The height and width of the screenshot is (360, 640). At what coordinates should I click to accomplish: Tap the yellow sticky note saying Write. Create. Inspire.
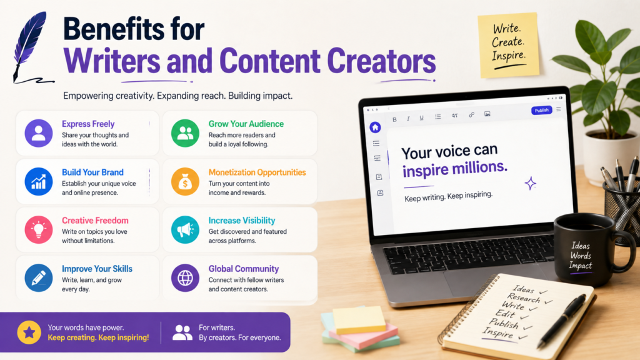click(x=509, y=45)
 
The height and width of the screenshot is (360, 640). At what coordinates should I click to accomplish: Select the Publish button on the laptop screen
click(x=541, y=110)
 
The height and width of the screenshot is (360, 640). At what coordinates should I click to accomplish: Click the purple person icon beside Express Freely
click(x=39, y=133)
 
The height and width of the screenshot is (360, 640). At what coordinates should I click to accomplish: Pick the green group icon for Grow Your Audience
click(x=185, y=133)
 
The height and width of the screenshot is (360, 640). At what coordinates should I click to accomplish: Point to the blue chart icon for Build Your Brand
click(x=39, y=181)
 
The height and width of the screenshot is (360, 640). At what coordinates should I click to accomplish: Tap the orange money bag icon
click(x=185, y=181)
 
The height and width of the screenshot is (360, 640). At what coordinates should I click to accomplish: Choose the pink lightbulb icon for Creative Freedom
click(x=39, y=230)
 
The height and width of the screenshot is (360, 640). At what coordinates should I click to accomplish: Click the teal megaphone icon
click(x=185, y=230)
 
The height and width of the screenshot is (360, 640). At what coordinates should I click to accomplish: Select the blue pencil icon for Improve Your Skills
click(x=39, y=278)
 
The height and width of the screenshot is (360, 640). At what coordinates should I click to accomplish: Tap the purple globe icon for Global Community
click(x=185, y=278)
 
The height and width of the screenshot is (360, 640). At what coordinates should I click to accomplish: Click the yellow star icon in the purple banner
click(x=29, y=332)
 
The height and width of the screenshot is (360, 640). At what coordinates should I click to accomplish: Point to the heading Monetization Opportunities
click(x=257, y=172)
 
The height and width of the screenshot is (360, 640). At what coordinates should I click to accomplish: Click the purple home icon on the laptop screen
click(x=375, y=127)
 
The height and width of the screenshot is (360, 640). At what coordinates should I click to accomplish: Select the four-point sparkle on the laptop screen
click(x=530, y=183)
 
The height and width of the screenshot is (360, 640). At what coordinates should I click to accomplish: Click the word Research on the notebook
click(x=524, y=298)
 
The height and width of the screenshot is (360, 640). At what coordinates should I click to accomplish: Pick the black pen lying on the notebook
click(x=562, y=321)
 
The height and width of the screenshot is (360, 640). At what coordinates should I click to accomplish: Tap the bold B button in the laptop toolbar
click(x=394, y=119)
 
